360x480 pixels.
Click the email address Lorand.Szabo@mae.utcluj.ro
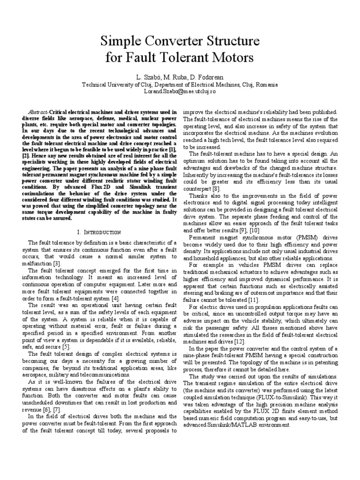180,92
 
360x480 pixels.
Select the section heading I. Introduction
98,232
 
